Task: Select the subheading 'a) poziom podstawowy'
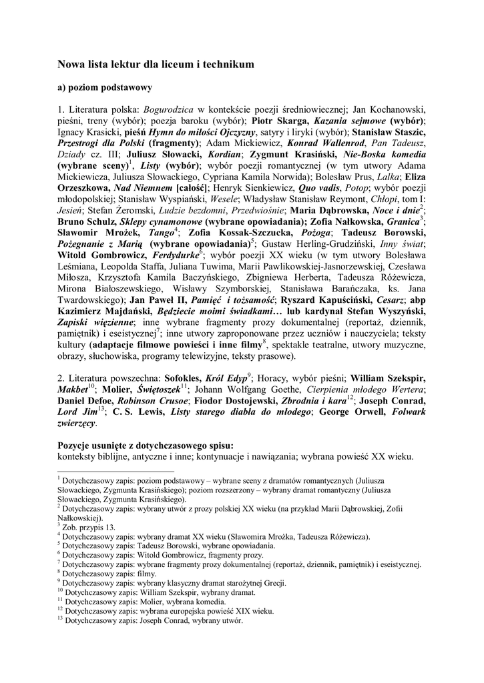(104, 87)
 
